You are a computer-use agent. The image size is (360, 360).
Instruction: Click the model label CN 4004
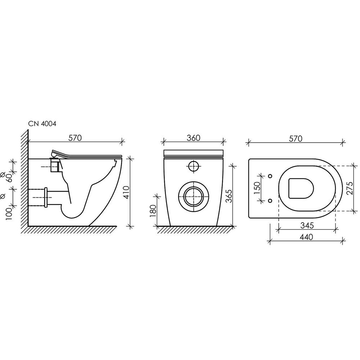pos(42,124)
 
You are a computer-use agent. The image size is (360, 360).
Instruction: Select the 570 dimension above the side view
pos(75,138)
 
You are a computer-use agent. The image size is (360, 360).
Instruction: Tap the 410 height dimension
pos(126,192)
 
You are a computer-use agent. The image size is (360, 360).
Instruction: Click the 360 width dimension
pos(193,138)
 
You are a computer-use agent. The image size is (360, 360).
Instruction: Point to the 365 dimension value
pos(229,196)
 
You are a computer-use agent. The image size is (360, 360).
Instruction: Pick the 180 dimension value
pos(153,211)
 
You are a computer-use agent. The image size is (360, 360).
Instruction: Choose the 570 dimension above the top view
pos(296,139)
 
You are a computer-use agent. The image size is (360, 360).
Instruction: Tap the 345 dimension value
pos(307,225)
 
